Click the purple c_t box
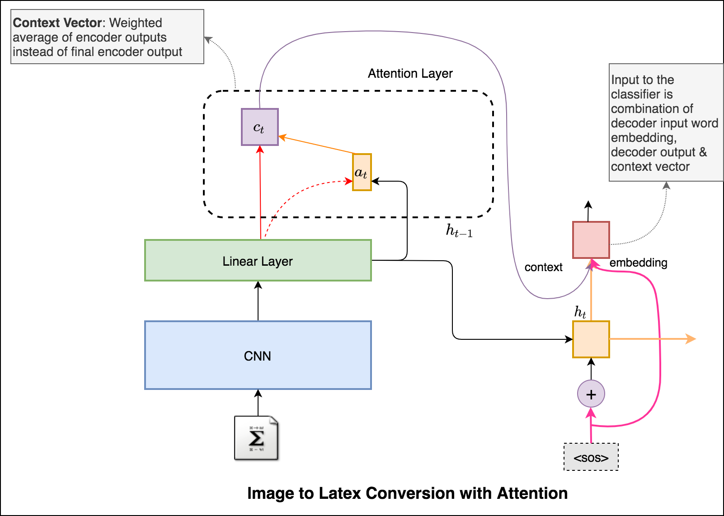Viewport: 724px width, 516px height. click(x=259, y=127)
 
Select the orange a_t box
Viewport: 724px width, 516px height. click(x=362, y=172)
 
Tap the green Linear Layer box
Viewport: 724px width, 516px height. click(x=258, y=261)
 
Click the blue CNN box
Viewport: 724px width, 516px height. click(x=258, y=356)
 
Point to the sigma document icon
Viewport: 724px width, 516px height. click(x=256, y=438)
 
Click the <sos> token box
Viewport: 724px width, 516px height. click(x=591, y=457)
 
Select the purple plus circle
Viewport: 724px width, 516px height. click(x=591, y=394)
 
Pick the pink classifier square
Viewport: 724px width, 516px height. click(x=591, y=240)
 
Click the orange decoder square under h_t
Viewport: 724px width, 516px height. click(x=591, y=339)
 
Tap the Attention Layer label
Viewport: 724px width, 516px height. click(x=410, y=74)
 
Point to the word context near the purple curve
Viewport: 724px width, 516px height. click(x=543, y=267)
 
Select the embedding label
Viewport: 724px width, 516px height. click(x=638, y=263)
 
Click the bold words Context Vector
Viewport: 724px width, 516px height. click(x=58, y=23)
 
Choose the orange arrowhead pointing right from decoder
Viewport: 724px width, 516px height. click(x=691, y=339)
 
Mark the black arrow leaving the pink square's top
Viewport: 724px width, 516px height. click(x=588, y=211)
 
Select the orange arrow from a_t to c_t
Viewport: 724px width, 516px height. click(x=316, y=145)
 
